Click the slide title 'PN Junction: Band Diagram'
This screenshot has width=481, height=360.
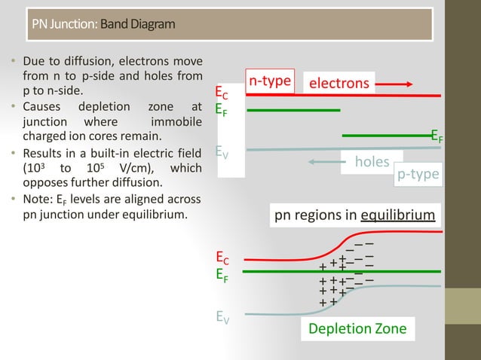pyautogui.click(x=103, y=25)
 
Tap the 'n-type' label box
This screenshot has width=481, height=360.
pyautogui.click(x=270, y=81)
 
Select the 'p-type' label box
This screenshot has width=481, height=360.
pyautogui.click(x=418, y=174)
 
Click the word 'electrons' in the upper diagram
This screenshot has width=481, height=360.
pyautogui.click(x=339, y=83)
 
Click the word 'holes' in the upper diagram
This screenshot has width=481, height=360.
pyautogui.click(x=372, y=161)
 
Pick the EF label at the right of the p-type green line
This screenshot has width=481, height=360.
pyautogui.click(x=437, y=136)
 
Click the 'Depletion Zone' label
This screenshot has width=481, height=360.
pyautogui.click(x=357, y=328)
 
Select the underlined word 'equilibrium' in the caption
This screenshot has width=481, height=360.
pyautogui.click(x=397, y=216)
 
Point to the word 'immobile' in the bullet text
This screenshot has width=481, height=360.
pyautogui.click(x=176, y=122)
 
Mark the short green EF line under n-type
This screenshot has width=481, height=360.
pyautogui.click(x=293, y=110)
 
